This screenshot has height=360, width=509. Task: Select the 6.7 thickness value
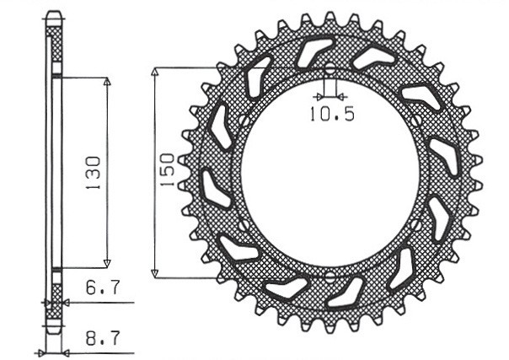click(x=100, y=288)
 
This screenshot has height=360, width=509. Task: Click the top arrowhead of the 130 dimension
click(x=107, y=83)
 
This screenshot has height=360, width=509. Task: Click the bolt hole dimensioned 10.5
click(x=330, y=69)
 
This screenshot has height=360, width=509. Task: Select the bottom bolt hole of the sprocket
click(x=330, y=276)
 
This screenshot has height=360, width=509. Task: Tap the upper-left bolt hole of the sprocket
click(x=241, y=121)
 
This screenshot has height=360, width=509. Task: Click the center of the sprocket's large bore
click(x=330, y=173)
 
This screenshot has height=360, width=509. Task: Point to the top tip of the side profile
click(x=53, y=13)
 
